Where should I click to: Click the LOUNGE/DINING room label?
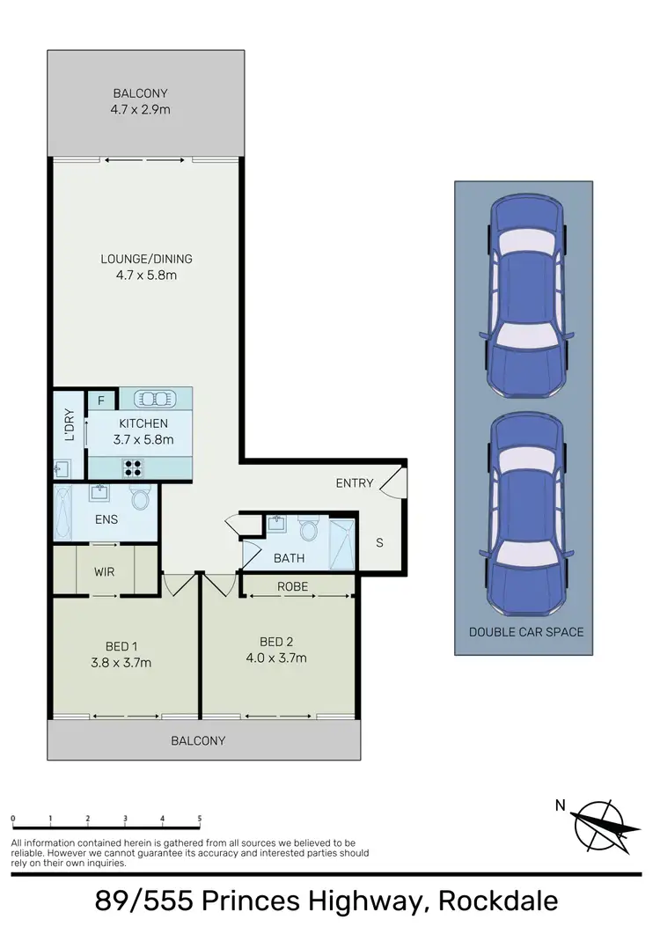click(146, 259)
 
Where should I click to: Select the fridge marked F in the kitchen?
click(101, 401)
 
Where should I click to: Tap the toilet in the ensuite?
click(140, 499)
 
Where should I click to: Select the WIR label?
click(105, 572)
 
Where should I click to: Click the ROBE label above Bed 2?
click(293, 585)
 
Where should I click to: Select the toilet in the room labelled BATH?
click(308, 530)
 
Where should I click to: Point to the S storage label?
click(379, 542)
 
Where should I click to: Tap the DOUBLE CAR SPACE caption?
click(525, 632)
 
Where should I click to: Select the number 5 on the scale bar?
click(200, 819)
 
